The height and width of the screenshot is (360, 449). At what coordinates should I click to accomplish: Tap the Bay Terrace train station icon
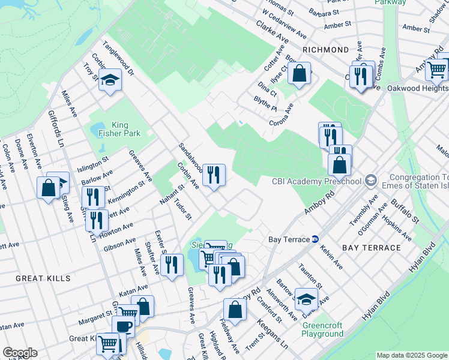(x=315, y=239)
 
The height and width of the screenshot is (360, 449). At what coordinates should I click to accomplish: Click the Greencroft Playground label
(x=323, y=329)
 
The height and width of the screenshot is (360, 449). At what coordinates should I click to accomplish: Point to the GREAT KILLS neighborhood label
(x=43, y=278)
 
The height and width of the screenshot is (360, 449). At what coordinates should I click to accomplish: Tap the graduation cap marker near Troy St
(x=110, y=80)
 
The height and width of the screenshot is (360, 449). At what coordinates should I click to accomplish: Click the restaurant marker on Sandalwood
(x=214, y=175)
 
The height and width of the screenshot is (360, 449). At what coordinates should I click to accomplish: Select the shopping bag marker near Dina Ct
(x=299, y=74)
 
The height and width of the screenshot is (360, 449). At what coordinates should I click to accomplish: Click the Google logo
(x=20, y=353)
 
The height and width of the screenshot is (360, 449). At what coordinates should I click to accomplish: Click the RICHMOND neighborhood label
(x=326, y=50)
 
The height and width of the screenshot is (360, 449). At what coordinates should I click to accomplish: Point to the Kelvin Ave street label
(x=331, y=256)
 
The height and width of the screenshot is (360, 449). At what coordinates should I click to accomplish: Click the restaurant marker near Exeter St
(x=172, y=264)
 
